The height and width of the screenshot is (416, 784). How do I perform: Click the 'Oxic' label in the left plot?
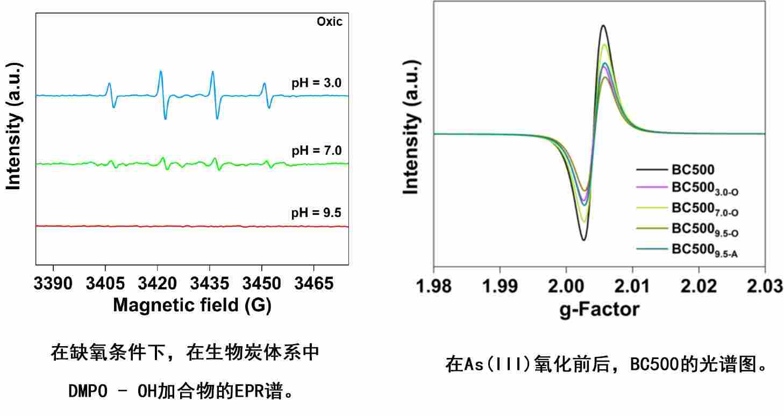329,22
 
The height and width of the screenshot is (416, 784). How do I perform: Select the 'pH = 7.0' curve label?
316,150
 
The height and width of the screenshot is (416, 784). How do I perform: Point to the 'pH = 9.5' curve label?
316,213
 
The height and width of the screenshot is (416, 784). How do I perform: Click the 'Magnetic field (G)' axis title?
192,305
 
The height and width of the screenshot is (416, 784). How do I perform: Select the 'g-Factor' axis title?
600,310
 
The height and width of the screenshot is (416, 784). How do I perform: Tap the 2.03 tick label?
764,286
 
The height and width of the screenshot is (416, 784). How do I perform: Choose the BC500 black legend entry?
693,170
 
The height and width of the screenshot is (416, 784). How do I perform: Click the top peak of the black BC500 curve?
603,25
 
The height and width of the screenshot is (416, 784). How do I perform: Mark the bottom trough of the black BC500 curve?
583,240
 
